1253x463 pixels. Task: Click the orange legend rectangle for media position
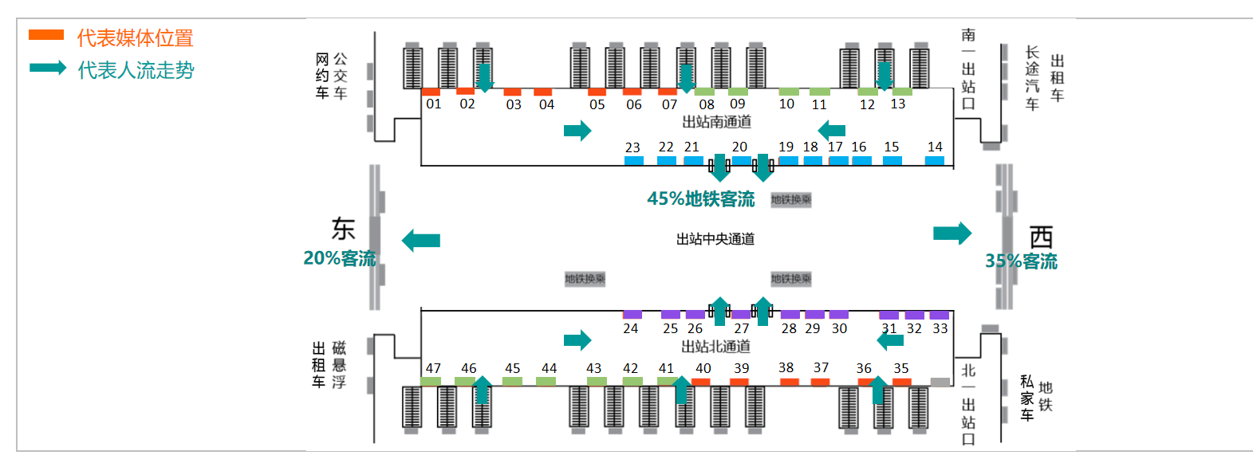click(x=45, y=35)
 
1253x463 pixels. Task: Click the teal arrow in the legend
click(x=48, y=68)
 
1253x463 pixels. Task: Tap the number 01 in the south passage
click(x=433, y=104)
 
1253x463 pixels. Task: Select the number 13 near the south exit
click(x=898, y=104)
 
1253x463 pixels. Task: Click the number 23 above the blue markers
click(x=632, y=147)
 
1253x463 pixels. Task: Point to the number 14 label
click(x=935, y=147)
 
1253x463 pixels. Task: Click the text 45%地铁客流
click(x=700, y=198)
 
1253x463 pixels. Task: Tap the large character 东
click(x=343, y=230)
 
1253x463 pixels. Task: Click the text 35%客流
click(x=1021, y=261)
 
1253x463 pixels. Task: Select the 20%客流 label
click(x=339, y=258)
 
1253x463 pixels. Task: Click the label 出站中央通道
click(x=715, y=239)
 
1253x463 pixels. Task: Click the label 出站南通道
click(x=716, y=122)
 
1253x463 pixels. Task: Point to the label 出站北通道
click(x=715, y=347)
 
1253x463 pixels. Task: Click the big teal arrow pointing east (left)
click(x=421, y=240)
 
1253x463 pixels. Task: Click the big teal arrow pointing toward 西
click(x=952, y=233)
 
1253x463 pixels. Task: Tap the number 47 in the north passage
click(x=433, y=368)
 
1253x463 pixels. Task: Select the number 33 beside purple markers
click(x=940, y=328)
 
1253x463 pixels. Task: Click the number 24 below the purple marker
click(x=630, y=328)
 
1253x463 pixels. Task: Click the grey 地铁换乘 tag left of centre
click(x=585, y=278)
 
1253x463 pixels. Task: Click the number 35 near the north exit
click(x=901, y=368)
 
